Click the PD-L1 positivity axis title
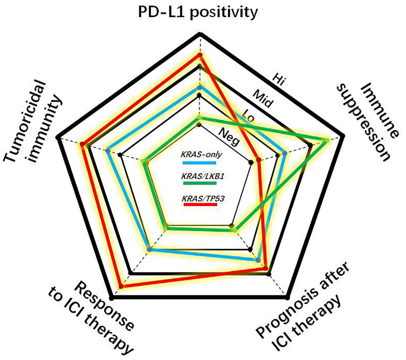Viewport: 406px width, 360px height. tap(198, 12)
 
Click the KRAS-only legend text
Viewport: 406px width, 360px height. tap(201, 155)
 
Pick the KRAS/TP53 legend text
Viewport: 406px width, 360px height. tap(203, 198)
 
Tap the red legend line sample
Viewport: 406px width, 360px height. tap(200, 205)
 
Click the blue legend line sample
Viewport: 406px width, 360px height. tap(200, 163)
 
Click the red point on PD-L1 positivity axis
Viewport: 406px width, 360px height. tap(200, 55)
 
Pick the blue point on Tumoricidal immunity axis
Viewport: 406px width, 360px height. tap(108, 150)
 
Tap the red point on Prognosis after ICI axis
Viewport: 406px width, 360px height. tap(265, 267)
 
